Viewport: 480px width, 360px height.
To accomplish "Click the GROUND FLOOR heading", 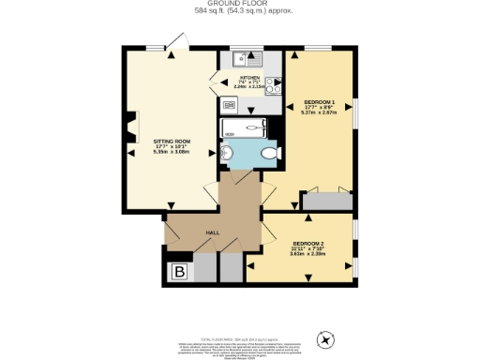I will tap(239, 5).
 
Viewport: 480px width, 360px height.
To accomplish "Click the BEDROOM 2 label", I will tap(307, 241).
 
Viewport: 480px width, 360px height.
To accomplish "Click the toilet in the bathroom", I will tap(269, 154).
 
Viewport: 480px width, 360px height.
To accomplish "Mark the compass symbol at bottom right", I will tap(327, 338).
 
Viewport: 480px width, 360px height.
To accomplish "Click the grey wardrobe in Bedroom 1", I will tap(327, 201).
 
